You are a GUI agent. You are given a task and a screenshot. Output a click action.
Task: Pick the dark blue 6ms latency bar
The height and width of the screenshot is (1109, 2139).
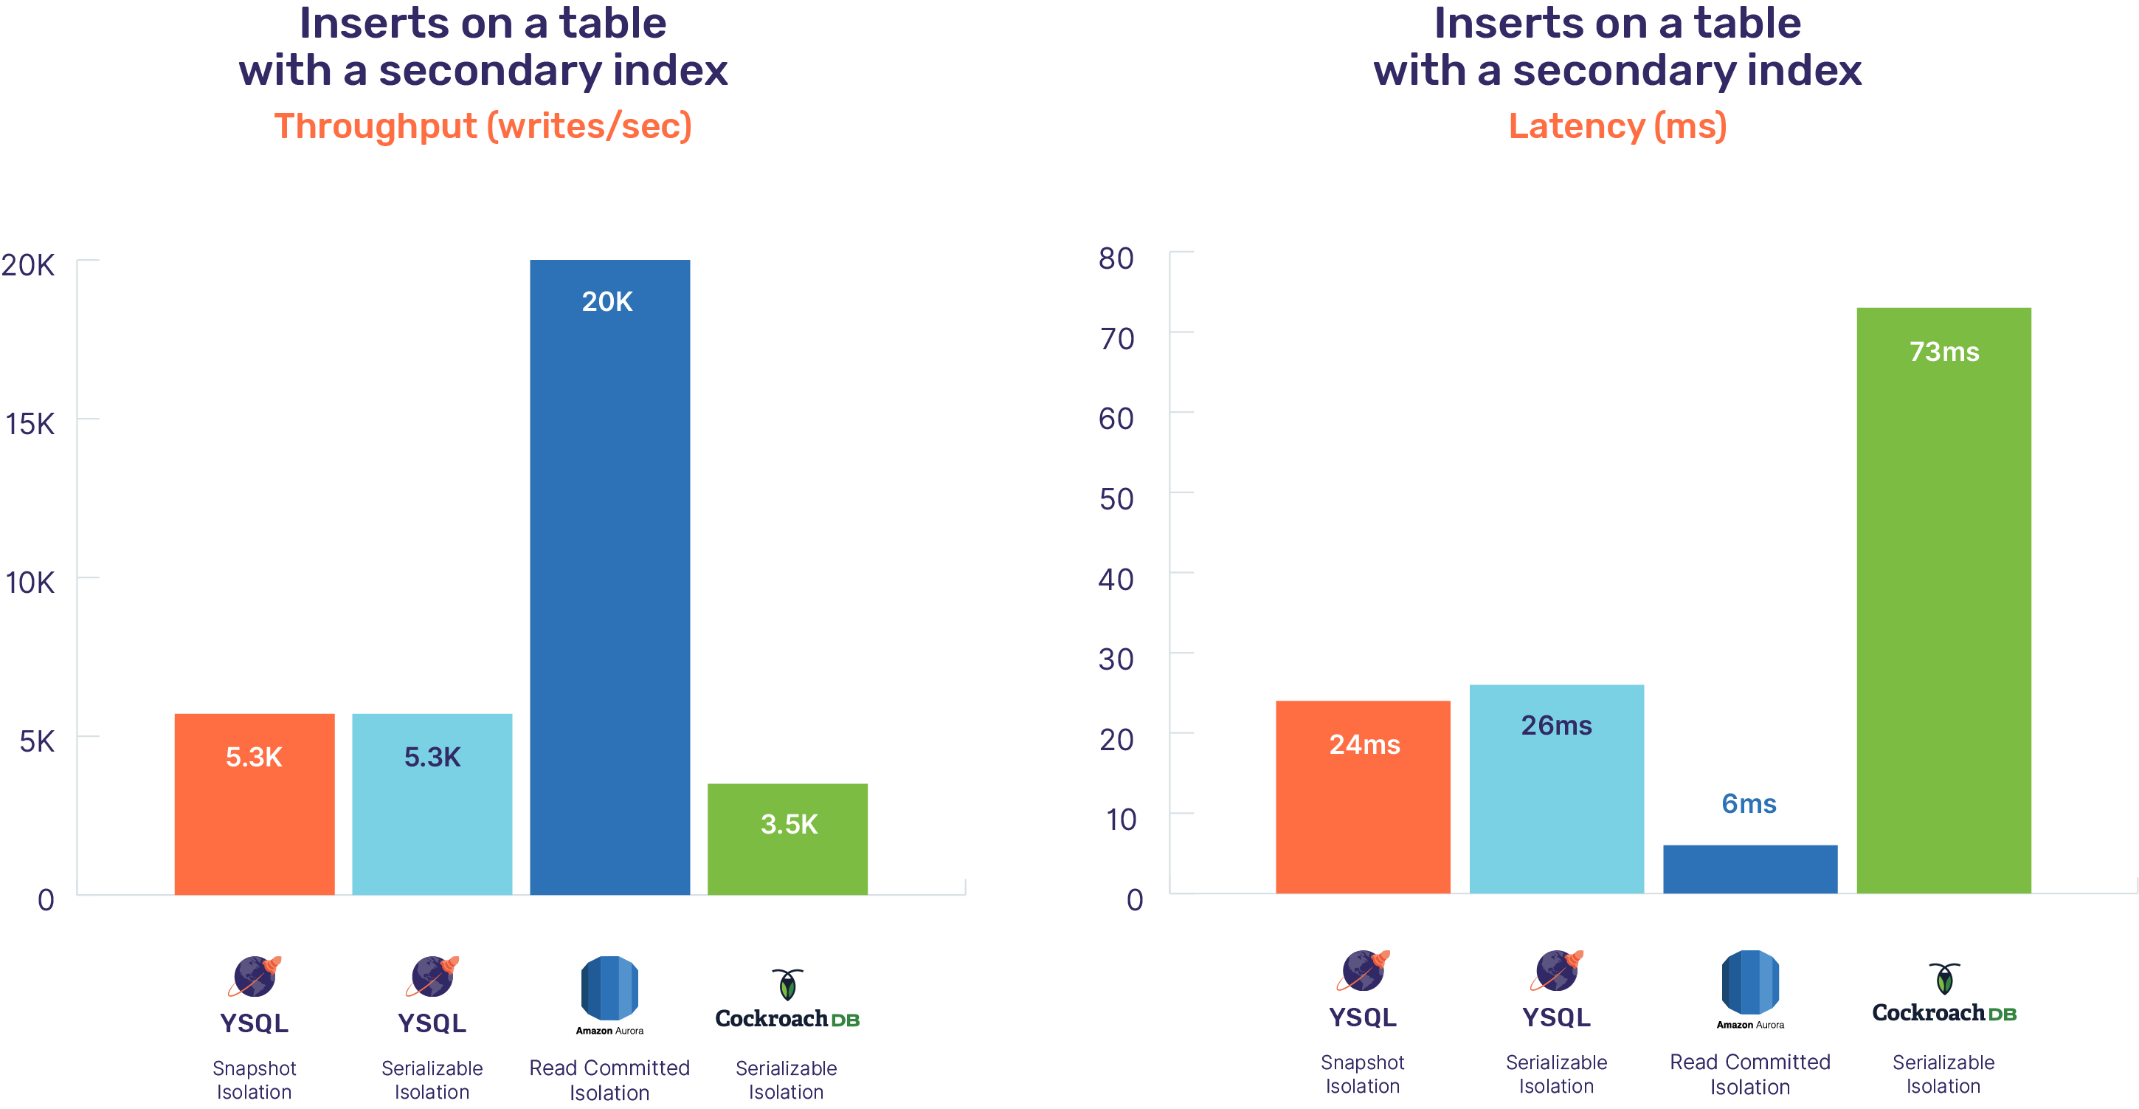tap(1749, 868)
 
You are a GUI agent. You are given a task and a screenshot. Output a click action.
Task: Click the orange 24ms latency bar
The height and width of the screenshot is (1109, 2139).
tap(1363, 797)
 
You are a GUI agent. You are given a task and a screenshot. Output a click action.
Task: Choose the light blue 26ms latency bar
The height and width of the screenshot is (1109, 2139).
tap(1556, 789)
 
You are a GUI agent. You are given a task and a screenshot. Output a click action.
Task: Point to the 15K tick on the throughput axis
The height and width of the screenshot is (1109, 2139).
tap(30, 424)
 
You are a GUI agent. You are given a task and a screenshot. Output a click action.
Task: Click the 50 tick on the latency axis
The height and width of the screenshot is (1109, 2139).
tap(1116, 498)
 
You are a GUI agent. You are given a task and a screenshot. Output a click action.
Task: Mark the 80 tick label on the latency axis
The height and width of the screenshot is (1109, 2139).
tap(1116, 258)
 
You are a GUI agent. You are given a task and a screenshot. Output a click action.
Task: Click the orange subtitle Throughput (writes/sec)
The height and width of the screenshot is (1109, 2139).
tap(483, 126)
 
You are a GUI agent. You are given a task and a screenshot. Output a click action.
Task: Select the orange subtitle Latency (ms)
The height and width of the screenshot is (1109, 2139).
tap(1617, 126)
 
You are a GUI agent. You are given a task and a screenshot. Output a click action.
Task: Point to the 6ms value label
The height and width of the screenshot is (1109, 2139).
tap(1749, 803)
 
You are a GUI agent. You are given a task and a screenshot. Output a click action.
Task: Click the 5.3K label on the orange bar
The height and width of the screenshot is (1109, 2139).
tap(254, 757)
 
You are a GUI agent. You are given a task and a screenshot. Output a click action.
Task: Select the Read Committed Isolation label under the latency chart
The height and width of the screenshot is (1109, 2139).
tap(1749, 1074)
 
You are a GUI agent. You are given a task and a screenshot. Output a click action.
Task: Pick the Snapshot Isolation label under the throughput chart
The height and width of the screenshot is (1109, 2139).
tap(254, 1080)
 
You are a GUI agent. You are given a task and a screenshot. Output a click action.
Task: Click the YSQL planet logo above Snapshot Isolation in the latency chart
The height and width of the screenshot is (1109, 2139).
tap(1363, 971)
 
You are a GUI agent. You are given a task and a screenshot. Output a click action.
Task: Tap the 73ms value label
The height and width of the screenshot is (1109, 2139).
tap(1944, 351)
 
